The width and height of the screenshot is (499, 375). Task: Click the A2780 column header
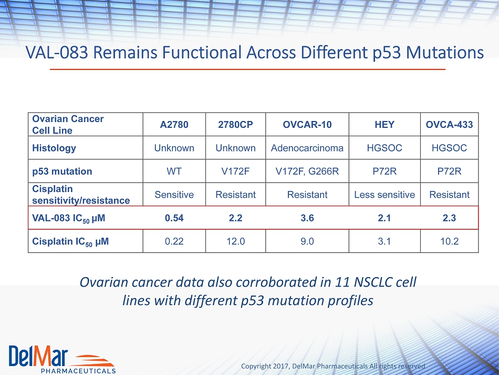pyautogui.click(x=174, y=125)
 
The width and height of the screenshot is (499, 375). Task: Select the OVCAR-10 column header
pyautogui.click(x=307, y=125)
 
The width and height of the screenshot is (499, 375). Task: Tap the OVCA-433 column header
pyautogui.click(x=449, y=125)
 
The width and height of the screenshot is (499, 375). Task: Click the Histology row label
pyautogui.click(x=54, y=148)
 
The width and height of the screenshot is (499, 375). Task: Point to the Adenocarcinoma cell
pyautogui.click(x=307, y=148)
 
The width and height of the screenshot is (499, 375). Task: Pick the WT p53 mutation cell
pyautogui.click(x=174, y=171)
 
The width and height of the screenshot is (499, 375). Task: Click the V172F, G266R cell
pyautogui.click(x=307, y=171)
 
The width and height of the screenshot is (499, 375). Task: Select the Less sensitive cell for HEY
pyautogui.click(x=384, y=195)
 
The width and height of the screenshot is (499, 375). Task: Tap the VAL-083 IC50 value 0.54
pyautogui.click(x=174, y=218)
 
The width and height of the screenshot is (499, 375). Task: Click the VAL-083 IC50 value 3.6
pyautogui.click(x=307, y=218)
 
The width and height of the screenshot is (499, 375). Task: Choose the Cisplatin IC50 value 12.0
pyautogui.click(x=235, y=241)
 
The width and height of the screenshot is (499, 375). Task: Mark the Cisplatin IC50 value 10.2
pyautogui.click(x=449, y=241)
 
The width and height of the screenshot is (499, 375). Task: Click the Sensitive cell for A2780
pyautogui.click(x=174, y=195)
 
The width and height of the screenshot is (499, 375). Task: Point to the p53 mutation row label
pyautogui.click(x=62, y=171)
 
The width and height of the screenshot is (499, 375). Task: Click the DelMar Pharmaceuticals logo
pyautogui.click(x=62, y=359)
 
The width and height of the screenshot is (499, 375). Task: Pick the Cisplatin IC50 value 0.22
pyautogui.click(x=174, y=241)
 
